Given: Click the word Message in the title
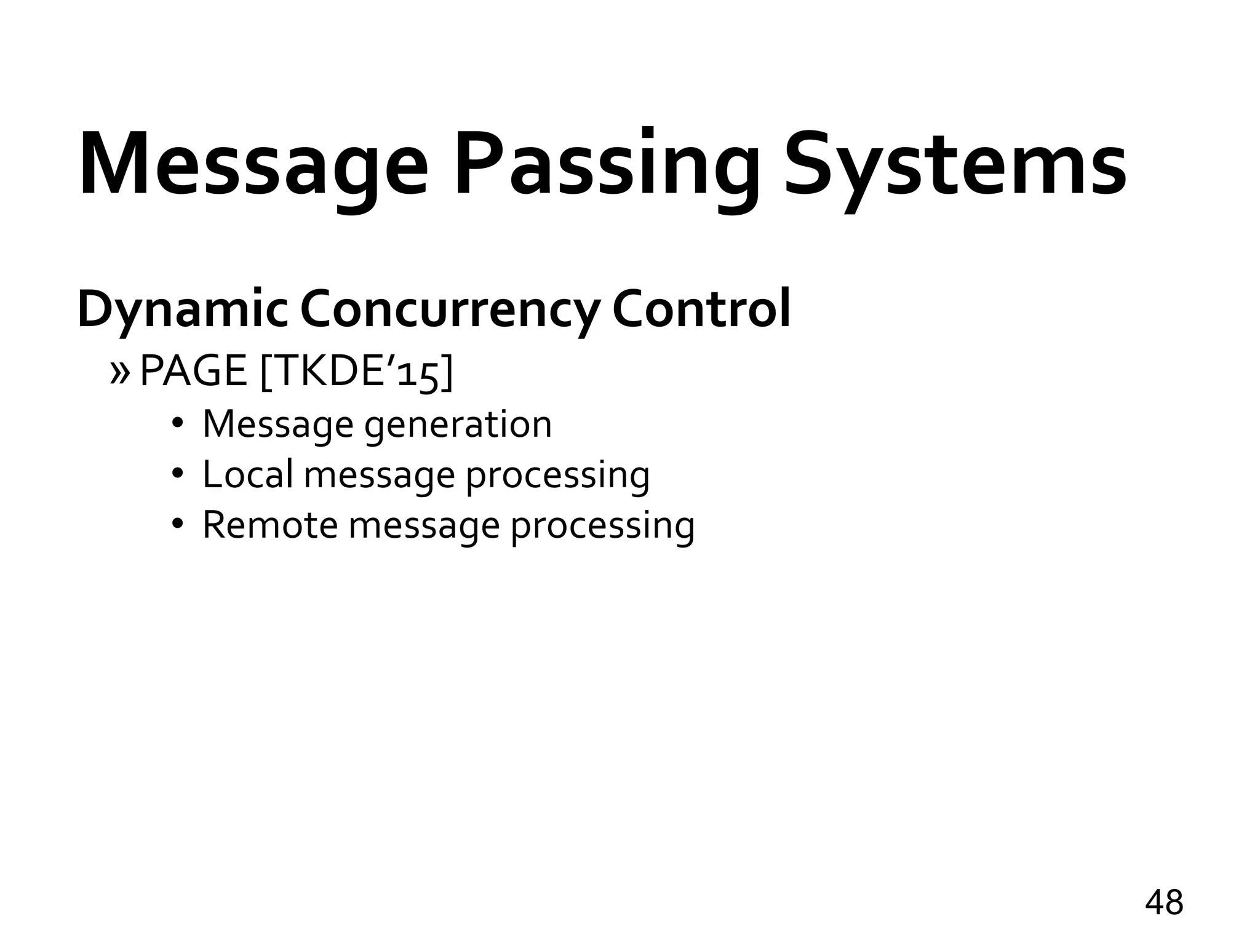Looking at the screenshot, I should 252,165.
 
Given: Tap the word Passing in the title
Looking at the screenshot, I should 606,165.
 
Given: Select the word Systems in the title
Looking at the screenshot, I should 955,165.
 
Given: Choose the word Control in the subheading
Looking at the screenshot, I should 701,309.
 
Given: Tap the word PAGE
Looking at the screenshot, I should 193,372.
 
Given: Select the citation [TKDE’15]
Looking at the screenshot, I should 357,372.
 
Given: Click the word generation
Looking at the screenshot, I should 458,425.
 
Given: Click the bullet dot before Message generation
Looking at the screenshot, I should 178,424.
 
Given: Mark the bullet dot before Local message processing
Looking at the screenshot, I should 178,474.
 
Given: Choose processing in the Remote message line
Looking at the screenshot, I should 602,527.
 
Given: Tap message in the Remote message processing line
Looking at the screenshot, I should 424,527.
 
